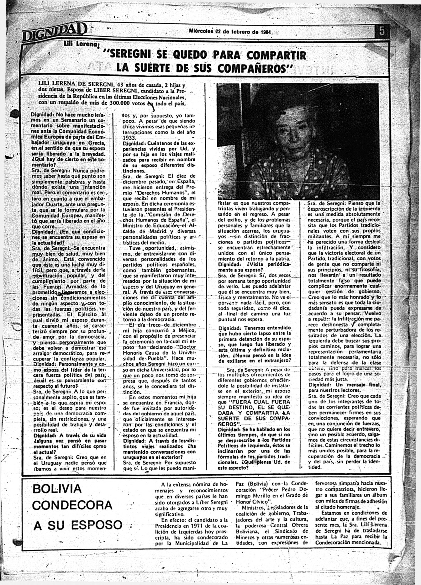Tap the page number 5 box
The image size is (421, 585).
(x=382, y=32)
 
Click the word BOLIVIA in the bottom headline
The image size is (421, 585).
(x=57, y=488)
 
